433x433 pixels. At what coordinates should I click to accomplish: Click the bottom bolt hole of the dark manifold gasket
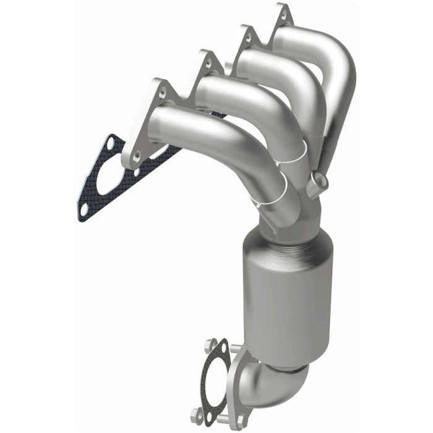[85, 211]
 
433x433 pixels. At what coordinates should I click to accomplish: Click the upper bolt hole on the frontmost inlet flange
[162, 93]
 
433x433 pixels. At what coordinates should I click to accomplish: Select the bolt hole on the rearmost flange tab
[283, 15]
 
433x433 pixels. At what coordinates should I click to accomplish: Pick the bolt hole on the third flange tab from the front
[247, 36]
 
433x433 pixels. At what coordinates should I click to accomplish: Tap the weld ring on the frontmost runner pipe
[278, 186]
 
